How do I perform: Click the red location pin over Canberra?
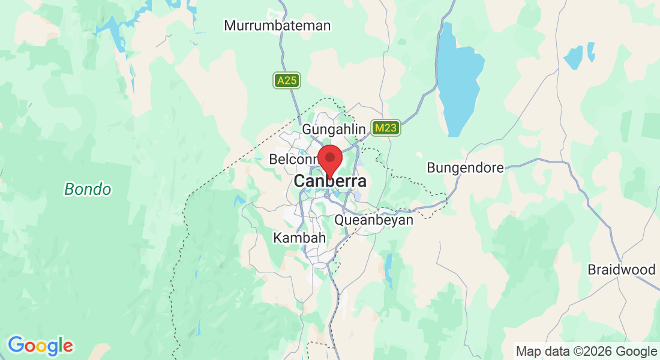[x=329, y=160]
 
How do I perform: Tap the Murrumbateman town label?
[x=277, y=26]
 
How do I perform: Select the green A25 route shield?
[x=286, y=80]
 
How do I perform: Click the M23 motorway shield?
[x=385, y=128]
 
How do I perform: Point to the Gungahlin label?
[x=334, y=129]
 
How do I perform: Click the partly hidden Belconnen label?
[x=293, y=160]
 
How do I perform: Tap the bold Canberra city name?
[x=330, y=181]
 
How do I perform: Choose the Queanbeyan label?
[x=374, y=220]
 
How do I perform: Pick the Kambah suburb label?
[x=299, y=238]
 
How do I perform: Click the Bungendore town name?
[x=465, y=167]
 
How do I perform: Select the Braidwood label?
[x=622, y=269]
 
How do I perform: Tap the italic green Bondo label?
[x=88, y=190]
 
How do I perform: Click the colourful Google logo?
[x=40, y=346]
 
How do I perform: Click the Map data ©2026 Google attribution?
[x=586, y=351]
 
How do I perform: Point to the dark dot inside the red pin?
[x=329, y=157]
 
